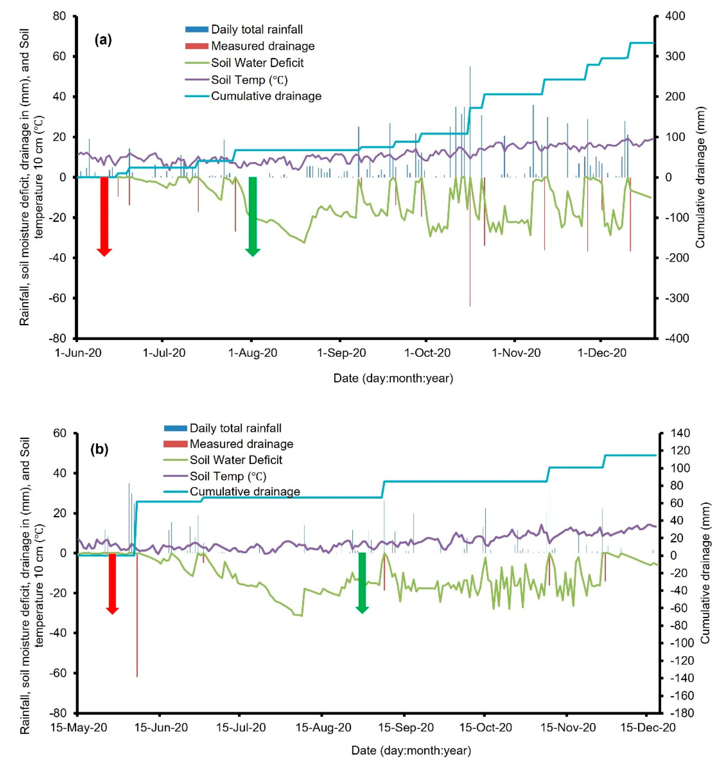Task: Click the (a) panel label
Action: [x=103, y=40]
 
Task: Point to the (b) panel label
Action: [x=99, y=449]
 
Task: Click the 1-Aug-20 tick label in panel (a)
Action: [x=253, y=353]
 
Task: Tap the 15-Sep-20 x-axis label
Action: [x=406, y=727]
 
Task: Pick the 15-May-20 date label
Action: [x=79, y=727]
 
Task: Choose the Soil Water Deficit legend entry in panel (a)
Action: [x=257, y=63]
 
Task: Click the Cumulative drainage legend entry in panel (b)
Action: [x=245, y=491]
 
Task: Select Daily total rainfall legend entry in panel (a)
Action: [x=257, y=29]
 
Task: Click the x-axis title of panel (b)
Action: [x=411, y=751]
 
